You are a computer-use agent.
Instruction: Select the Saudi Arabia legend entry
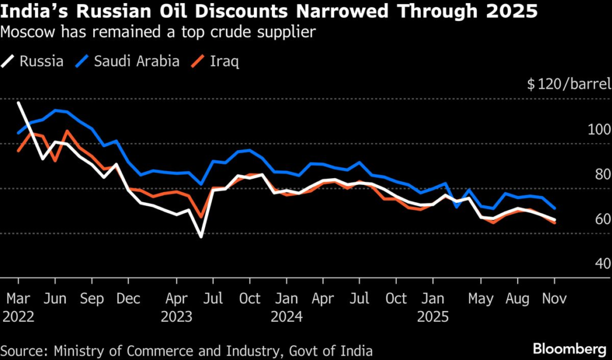128,61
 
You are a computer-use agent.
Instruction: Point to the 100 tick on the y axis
599,130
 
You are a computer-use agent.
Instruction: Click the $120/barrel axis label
568,84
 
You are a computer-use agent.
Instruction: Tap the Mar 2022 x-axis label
18,307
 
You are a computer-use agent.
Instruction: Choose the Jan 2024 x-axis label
287,307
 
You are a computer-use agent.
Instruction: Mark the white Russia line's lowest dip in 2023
201,237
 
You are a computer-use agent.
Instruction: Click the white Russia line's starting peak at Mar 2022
19,103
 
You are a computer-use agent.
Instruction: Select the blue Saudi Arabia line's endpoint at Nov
555,209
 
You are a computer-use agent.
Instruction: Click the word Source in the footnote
24,350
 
